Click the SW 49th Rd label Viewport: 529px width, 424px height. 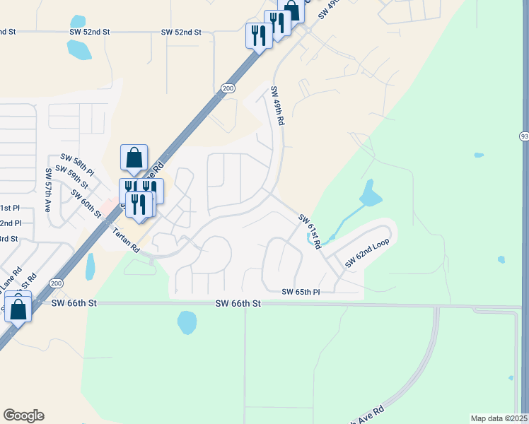coord(278,106)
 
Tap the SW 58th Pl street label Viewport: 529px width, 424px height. coord(78,163)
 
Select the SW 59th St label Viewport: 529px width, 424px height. coord(72,177)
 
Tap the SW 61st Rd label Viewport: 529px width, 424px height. coord(310,231)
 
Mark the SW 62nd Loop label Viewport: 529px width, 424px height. coord(367,253)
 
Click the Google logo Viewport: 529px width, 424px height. coord(23,416)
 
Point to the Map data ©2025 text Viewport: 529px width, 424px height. coord(499,418)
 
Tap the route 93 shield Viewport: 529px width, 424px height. coord(524,136)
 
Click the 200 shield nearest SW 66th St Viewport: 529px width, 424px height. coord(56,283)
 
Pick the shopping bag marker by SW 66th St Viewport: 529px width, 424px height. coord(18,308)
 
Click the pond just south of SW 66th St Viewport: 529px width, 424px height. coord(187,322)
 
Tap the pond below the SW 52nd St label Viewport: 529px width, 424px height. coord(79,49)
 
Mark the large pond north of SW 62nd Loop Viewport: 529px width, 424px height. coord(368,193)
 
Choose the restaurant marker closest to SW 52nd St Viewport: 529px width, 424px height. coord(258,35)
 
